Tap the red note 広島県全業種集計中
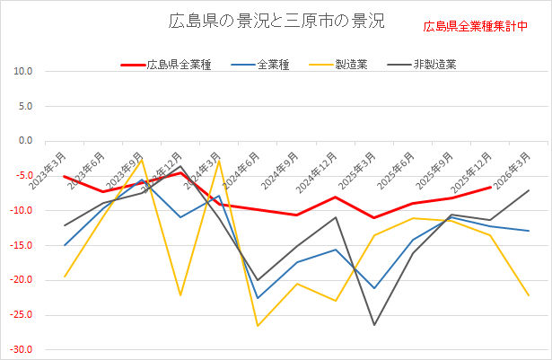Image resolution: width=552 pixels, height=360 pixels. [x=476, y=25]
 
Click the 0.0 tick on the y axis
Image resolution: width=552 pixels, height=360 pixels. [x=24, y=141]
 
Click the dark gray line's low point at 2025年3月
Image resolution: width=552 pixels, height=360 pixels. [x=374, y=325]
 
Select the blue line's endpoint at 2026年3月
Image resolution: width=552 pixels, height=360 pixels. [x=529, y=231]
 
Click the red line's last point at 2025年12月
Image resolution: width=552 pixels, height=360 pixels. [x=490, y=188]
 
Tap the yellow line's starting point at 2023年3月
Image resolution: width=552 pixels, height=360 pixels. [x=65, y=277]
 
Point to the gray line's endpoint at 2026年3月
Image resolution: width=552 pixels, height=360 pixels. [x=529, y=190]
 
